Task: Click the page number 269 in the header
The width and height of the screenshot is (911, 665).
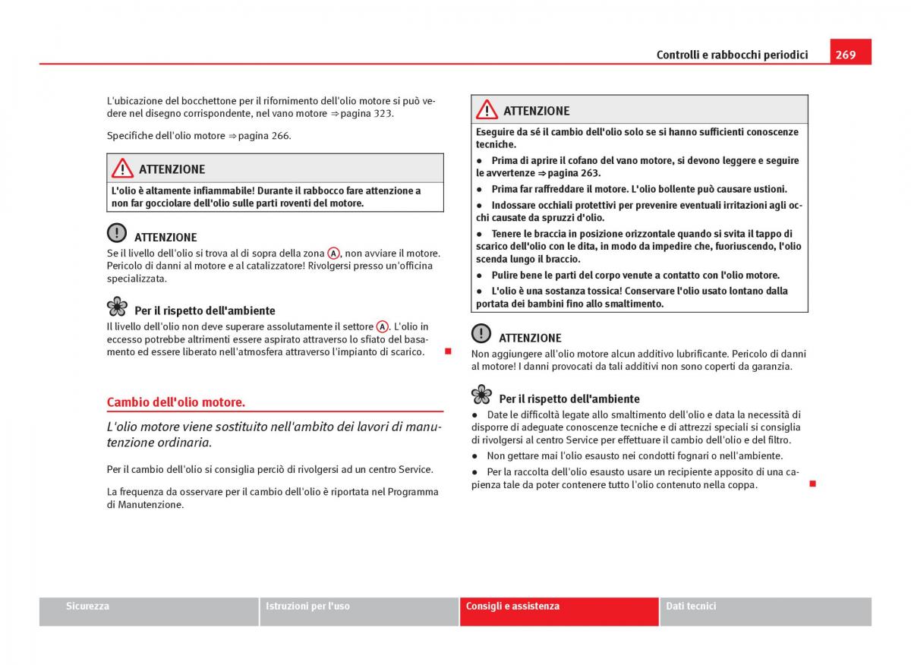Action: point(846,55)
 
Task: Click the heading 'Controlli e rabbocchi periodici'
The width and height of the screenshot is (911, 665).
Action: point(732,55)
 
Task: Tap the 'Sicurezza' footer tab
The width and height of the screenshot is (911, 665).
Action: point(87,606)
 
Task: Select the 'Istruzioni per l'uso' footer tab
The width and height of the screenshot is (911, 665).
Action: point(307,606)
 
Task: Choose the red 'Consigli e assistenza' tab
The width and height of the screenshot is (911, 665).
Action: point(512,606)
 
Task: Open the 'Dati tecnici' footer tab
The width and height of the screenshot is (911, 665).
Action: point(691,606)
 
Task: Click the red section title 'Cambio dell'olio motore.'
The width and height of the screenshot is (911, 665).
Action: point(175,402)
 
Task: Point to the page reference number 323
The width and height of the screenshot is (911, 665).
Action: point(383,113)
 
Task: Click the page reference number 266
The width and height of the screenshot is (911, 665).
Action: point(280,136)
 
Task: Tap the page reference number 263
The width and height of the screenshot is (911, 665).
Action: point(590,173)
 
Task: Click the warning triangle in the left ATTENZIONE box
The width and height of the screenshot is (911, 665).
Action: point(122,168)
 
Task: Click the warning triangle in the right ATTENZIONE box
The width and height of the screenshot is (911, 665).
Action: point(487,109)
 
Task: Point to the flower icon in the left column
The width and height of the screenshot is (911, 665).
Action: point(117,306)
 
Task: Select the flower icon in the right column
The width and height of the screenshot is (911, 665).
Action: point(481,394)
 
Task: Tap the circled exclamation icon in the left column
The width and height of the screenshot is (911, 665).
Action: point(117,232)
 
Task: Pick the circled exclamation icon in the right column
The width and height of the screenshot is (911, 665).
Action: point(481,333)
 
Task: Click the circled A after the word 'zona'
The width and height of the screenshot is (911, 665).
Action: point(333,254)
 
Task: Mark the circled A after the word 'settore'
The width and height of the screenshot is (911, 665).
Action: point(383,326)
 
